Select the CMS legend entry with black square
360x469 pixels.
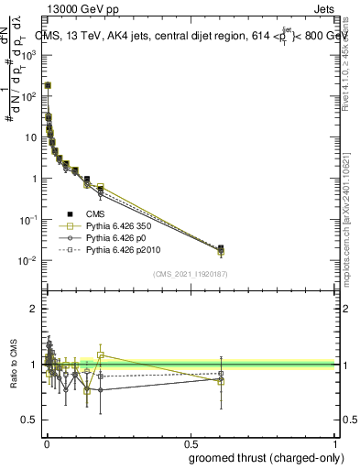[95, 214]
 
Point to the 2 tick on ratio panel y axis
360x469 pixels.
[33, 309]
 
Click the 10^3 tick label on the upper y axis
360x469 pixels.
[28, 54]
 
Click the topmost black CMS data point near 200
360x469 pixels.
[48, 85]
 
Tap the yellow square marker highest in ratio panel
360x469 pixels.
[102, 354]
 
